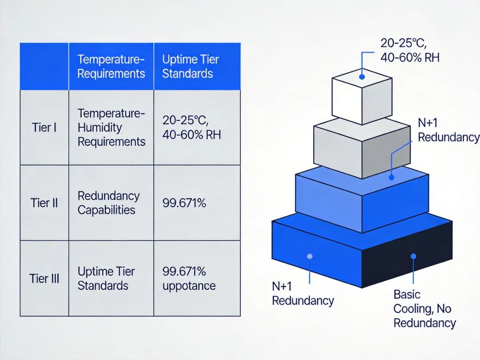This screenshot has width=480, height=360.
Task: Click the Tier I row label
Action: (44, 128)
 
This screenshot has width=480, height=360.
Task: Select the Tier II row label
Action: (44, 203)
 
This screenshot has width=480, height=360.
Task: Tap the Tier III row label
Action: (44, 279)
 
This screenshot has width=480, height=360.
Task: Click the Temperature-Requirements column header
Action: (111, 66)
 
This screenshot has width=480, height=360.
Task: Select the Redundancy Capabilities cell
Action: (108, 203)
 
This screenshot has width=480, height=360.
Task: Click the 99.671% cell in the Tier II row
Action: (184, 203)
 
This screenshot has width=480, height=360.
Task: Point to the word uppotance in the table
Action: (189, 286)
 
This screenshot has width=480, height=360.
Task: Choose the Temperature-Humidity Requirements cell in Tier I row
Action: (111, 128)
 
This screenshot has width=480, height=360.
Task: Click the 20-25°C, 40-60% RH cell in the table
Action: (191, 128)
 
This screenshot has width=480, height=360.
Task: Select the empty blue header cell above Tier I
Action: (44, 66)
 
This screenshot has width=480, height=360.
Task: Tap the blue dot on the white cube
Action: (362, 77)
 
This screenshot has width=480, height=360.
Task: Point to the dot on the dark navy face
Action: (413, 256)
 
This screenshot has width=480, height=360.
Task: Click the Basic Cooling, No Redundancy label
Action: (424, 308)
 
